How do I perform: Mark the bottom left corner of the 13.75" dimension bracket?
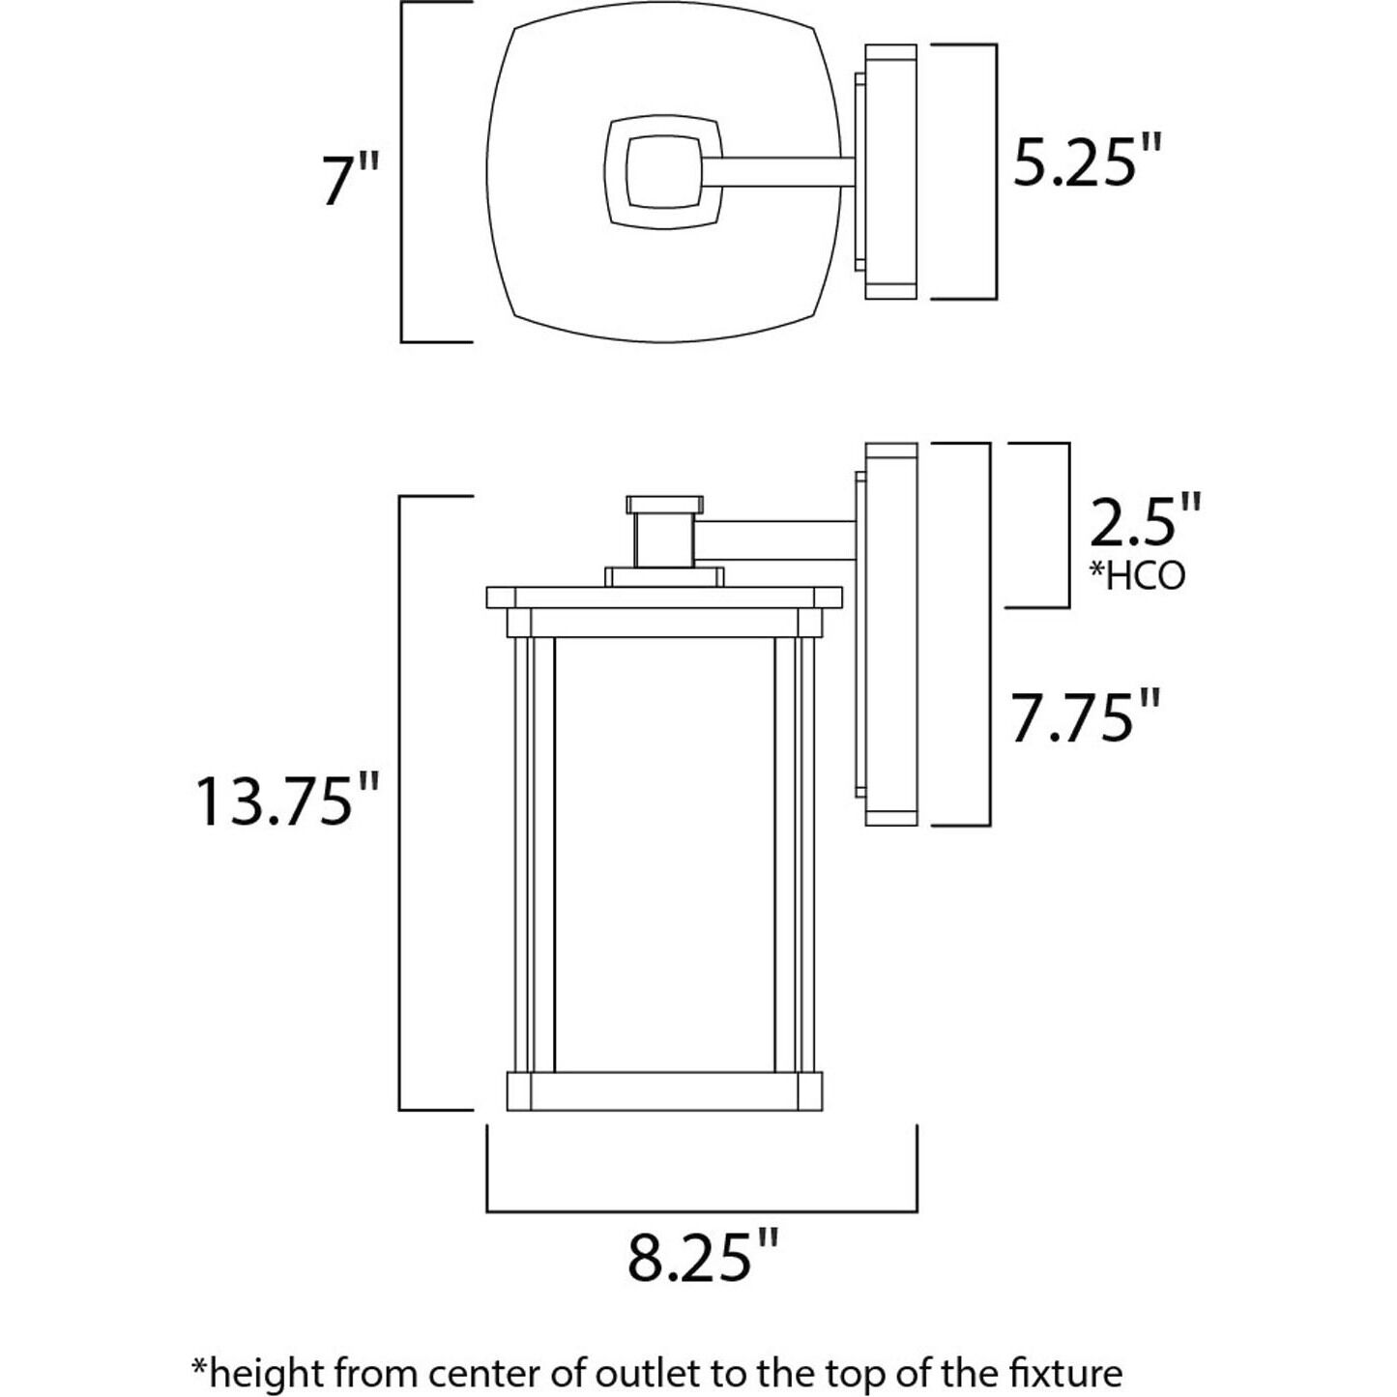(x=400, y=1109)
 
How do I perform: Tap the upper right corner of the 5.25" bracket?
(x=996, y=44)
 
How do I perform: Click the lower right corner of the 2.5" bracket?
(x=1068, y=607)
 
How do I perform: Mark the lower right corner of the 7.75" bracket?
(x=990, y=825)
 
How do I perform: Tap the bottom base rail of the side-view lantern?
(x=664, y=1091)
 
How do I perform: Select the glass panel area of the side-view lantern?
(x=665, y=855)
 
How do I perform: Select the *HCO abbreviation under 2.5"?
(x=1138, y=575)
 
